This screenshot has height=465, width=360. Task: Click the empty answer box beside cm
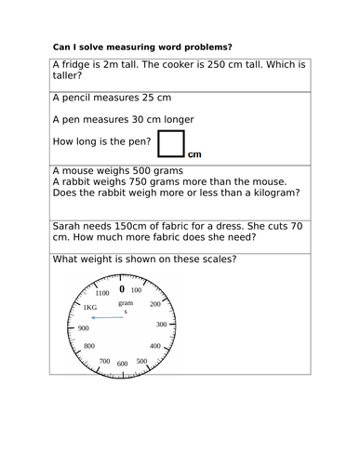171,143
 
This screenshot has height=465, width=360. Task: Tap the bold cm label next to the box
194,154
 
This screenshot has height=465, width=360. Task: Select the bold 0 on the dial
121,289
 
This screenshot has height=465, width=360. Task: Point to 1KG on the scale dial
89,308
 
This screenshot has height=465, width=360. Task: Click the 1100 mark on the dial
101,293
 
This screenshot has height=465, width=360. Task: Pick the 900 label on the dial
83,328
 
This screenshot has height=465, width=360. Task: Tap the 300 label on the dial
161,324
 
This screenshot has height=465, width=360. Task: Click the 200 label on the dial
155,304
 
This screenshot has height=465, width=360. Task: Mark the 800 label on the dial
89,347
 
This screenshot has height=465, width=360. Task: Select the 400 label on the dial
155,345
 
